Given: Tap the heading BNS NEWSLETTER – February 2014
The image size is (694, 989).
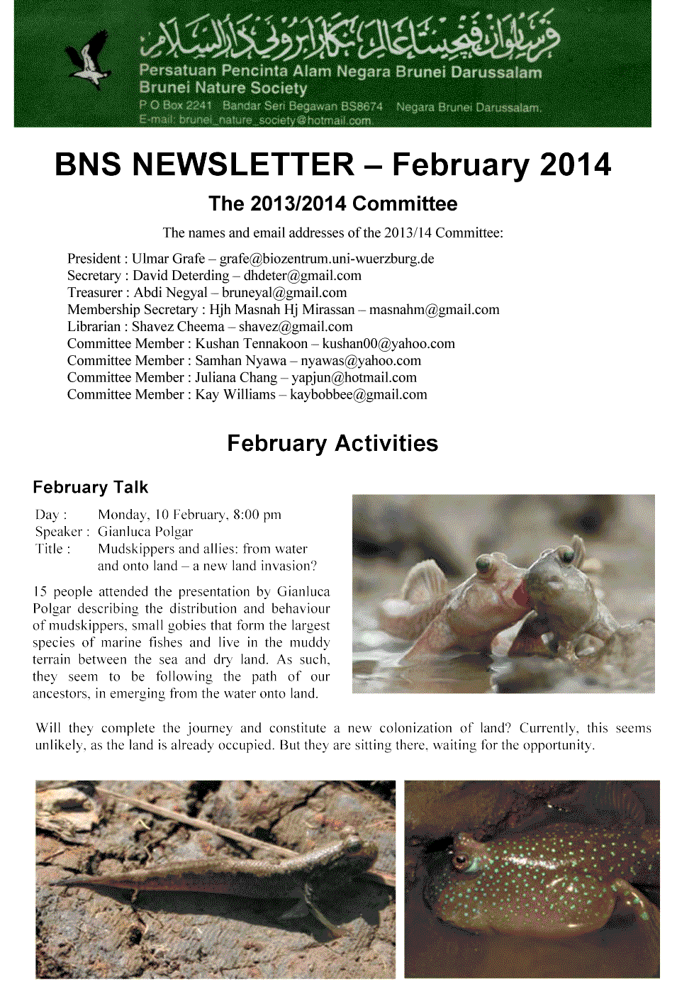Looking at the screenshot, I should tap(332, 164).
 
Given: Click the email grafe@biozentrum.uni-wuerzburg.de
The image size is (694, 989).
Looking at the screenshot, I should tap(327, 259).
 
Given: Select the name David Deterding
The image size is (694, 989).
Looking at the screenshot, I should tap(181, 276).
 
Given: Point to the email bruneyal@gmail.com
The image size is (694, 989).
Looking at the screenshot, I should tap(284, 293).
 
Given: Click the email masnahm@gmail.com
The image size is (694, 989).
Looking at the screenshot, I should tap(434, 310).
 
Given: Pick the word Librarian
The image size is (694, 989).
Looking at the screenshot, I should tap(94, 327).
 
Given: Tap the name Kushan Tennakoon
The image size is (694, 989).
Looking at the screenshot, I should tap(252, 344).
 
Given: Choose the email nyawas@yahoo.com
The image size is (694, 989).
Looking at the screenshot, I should tap(361, 361).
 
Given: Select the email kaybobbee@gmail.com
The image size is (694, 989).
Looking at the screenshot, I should tap(359, 395).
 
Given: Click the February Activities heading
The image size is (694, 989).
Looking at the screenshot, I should tap(332, 444).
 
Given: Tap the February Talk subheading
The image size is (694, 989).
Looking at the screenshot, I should tap(91, 487).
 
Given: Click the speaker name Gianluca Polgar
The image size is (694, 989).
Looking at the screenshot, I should tap(145, 532).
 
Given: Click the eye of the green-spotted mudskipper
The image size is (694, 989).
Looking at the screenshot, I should tap(461, 861).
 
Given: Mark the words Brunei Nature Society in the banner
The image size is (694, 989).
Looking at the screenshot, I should tap(223, 88).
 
